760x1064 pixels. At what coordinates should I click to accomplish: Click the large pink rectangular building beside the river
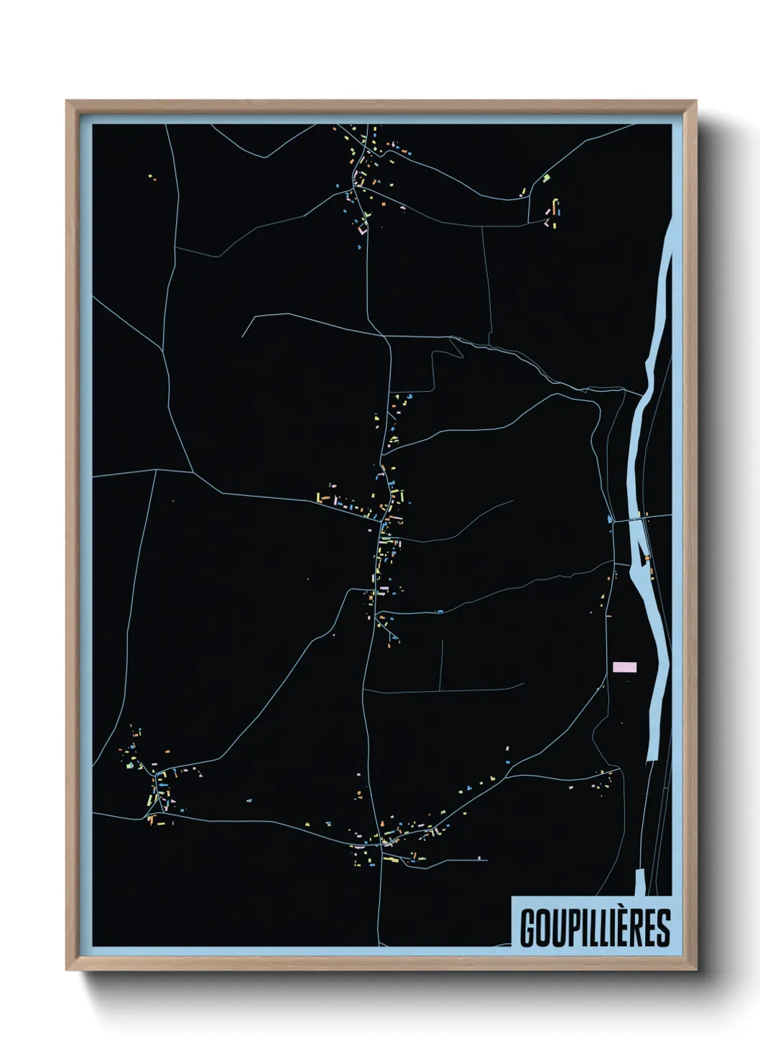[x=624, y=667]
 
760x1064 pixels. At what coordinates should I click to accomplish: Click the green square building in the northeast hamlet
[x=547, y=176]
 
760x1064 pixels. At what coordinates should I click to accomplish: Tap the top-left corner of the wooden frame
[x=68, y=101]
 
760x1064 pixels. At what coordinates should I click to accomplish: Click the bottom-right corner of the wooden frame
[x=696, y=970]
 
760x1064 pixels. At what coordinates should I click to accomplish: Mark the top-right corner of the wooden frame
[x=696, y=101]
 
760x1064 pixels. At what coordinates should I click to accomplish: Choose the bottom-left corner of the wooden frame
[x=68, y=970]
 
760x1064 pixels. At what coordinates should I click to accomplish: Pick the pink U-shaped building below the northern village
[x=361, y=229]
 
